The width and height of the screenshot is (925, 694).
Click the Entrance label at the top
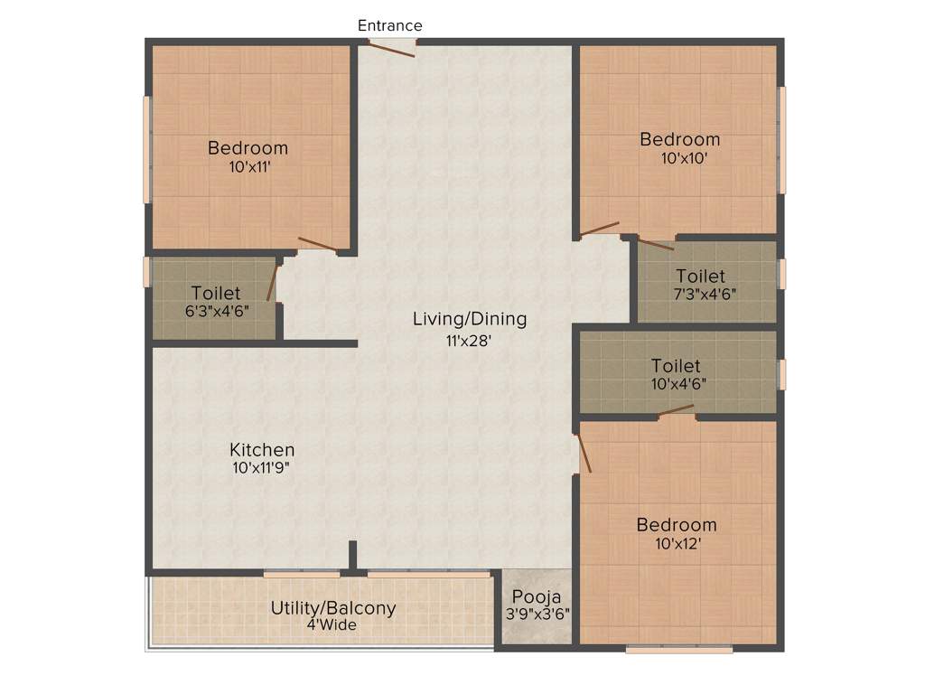tap(389, 25)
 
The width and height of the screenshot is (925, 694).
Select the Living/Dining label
tap(469, 319)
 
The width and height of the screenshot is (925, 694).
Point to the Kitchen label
tap(262, 450)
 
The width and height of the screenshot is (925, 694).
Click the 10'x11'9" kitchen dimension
tap(262, 468)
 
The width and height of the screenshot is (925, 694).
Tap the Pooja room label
tap(537, 596)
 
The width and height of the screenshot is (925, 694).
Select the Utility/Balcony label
tap(333, 608)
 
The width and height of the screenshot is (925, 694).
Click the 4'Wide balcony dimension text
tap(332, 624)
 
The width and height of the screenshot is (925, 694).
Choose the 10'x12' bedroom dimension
tap(676, 544)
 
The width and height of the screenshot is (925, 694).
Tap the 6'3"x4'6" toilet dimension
tap(216, 310)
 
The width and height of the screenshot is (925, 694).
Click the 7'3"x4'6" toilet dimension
tap(700, 294)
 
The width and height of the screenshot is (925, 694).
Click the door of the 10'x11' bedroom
tap(317, 243)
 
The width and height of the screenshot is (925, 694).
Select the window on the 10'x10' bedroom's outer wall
tap(782, 140)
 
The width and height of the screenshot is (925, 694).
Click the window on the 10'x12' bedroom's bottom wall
tap(678, 649)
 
